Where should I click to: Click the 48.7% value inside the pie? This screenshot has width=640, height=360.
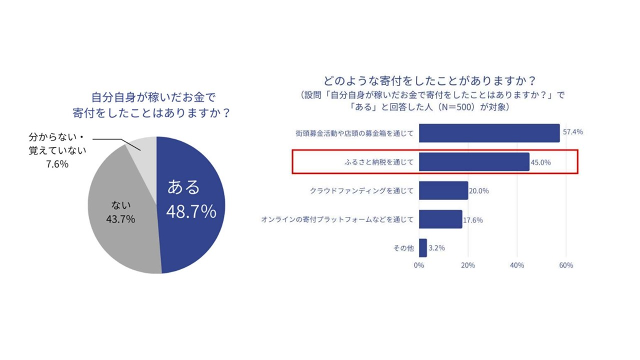point(191,211)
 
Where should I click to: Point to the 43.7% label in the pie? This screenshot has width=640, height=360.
point(120,219)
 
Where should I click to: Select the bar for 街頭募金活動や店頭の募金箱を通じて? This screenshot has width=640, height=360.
point(489,133)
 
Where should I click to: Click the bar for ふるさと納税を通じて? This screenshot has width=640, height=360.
point(474,162)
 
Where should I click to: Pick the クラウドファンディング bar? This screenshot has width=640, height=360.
point(443,190)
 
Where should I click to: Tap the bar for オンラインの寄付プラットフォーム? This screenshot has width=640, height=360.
point(440,219)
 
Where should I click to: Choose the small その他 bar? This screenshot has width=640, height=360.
point(423,248)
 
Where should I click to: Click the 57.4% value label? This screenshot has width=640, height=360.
point(573,132)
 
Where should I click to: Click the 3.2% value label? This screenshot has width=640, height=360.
point(437,248)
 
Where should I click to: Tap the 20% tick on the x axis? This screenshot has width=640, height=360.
point(468,265)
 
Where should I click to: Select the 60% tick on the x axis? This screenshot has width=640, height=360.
point(565,265)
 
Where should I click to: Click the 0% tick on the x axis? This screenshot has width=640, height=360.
point(419,265)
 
